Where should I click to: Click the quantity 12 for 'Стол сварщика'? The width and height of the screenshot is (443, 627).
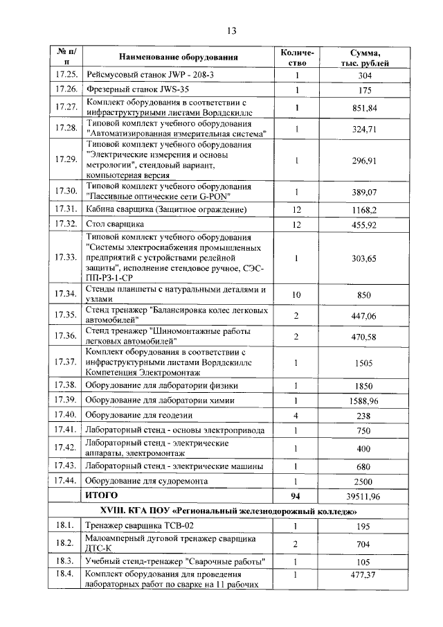(x=297, y=225)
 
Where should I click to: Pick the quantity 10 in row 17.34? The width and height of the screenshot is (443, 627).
(x=297, y=294)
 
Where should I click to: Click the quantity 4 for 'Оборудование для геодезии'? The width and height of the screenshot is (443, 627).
(x=297, y=416)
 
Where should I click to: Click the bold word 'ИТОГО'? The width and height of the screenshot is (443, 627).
(x=101, y=496)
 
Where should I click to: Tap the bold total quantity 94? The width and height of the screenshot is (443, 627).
(x=297, y=497)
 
